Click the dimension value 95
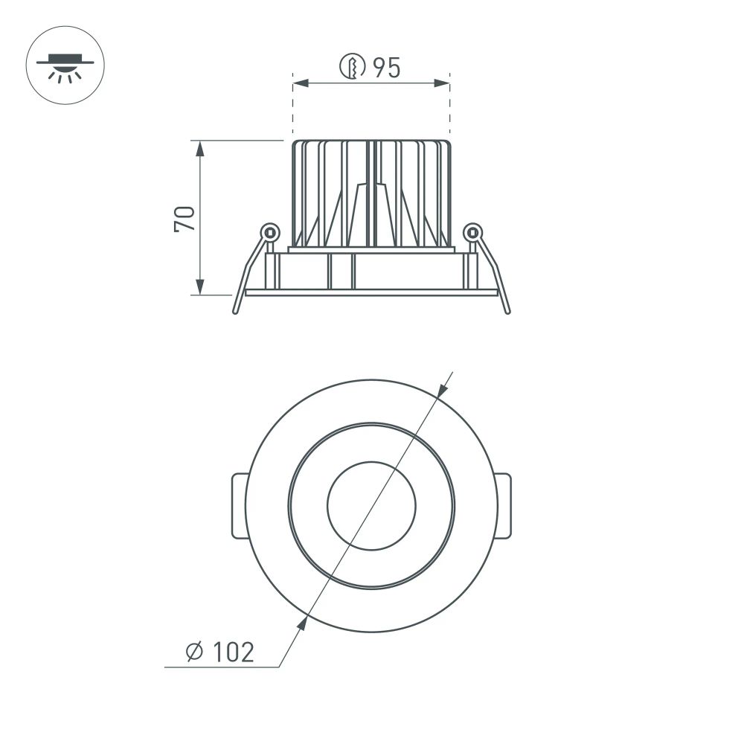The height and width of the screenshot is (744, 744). click(387, 68)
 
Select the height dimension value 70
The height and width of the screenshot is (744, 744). click(185, 217)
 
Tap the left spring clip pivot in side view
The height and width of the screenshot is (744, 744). click(270, 232)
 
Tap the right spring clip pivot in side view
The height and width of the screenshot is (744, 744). click(472, 232)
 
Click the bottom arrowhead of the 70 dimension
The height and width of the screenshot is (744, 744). click(200, 286)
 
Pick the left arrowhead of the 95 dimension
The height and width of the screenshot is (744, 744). click(300, 83)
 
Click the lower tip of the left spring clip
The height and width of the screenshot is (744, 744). click(236, 311)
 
